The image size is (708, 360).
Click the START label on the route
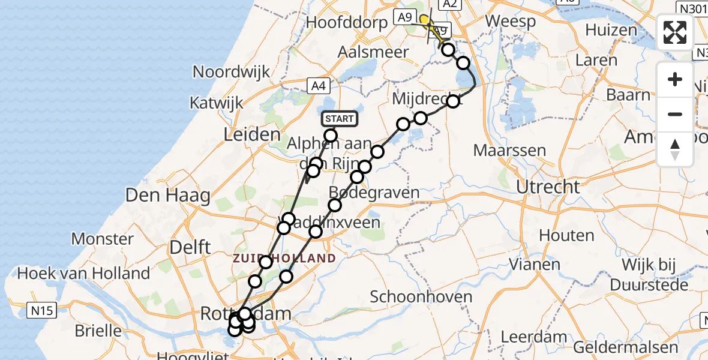(339, 119)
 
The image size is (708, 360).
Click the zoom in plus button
(675, 80)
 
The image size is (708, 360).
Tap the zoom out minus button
(675, 114)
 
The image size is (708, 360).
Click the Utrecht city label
(548, 187)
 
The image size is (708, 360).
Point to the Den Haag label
(167, 195)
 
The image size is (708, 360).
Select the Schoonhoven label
(421, 296)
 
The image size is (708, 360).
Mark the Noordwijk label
(232, 73)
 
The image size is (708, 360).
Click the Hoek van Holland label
(83, 274)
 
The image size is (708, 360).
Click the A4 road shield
(320, 86)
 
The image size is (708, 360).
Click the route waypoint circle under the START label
(331, 136)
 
